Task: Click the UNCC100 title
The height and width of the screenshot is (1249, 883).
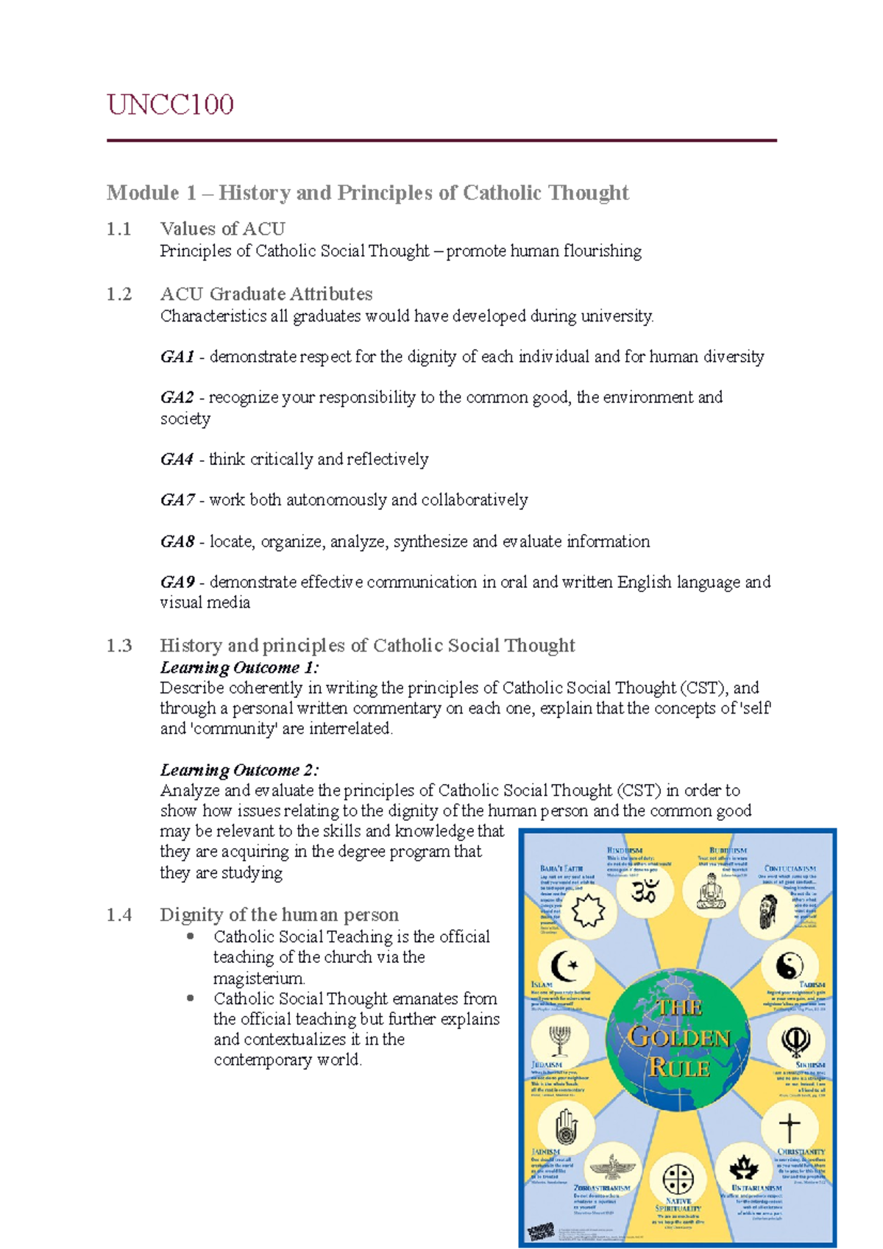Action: point(170,104)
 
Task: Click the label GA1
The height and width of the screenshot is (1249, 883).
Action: point(177,357)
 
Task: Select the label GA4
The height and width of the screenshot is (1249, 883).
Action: point(177,460)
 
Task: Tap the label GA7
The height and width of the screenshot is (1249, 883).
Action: point(177,500)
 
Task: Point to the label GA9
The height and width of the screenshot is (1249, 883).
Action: point(177,583)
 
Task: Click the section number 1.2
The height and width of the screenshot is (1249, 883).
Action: point(119,294)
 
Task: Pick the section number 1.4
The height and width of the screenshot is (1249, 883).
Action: point(119,915)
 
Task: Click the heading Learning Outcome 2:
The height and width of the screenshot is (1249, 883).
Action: point(239,770)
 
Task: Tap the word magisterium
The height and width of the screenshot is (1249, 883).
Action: point(258,978)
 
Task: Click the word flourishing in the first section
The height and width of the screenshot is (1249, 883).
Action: point(597,252)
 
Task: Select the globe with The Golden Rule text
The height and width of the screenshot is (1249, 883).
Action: point(678,1038)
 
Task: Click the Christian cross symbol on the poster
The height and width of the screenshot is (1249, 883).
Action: point(789,1126)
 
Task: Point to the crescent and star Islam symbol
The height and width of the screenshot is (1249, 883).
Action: point(564,964)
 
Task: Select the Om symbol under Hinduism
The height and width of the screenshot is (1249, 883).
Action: point(645,892)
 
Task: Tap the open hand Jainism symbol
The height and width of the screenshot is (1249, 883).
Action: point(564,1127)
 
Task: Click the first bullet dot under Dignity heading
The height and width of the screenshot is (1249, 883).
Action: point(191,936)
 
